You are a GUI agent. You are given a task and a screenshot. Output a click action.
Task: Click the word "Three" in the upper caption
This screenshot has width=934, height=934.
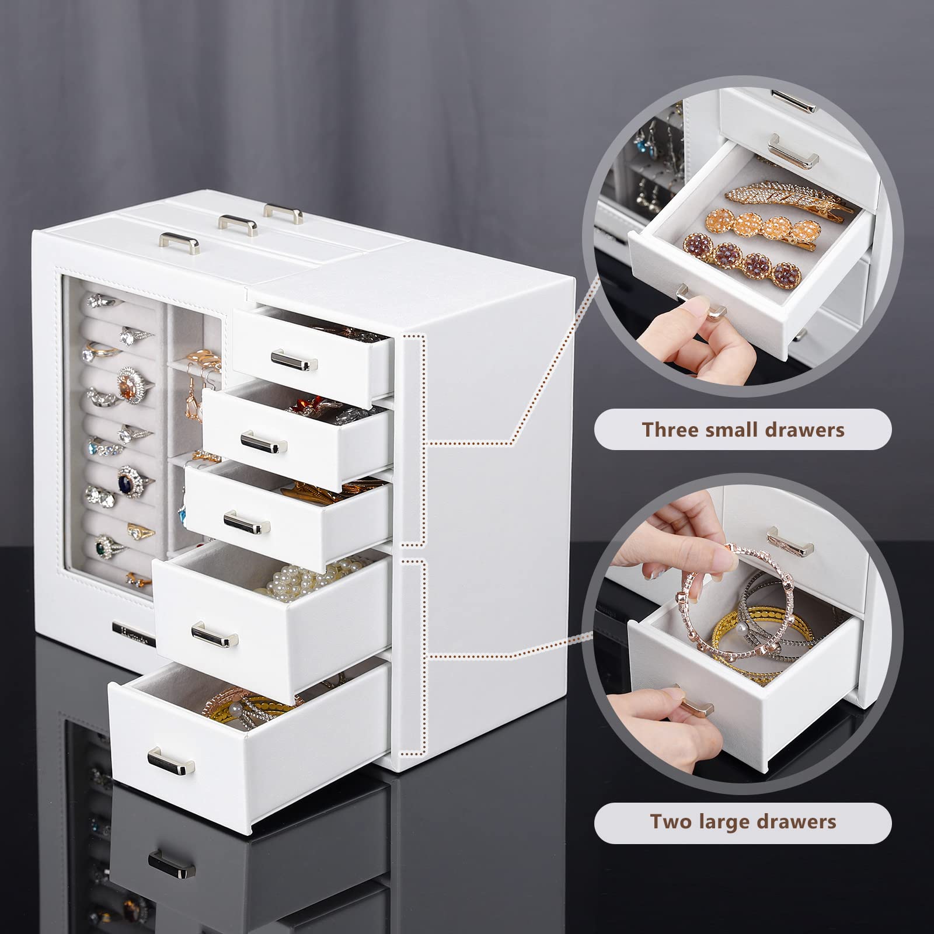click(x=670, y=430)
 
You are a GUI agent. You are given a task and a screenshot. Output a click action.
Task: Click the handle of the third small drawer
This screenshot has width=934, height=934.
click(x=247, y=522)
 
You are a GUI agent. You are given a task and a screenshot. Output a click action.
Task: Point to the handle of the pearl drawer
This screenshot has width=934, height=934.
click(x=214, y=634)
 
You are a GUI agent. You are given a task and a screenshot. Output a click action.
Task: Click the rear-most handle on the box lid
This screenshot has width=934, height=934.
click(x=283, y=212)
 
